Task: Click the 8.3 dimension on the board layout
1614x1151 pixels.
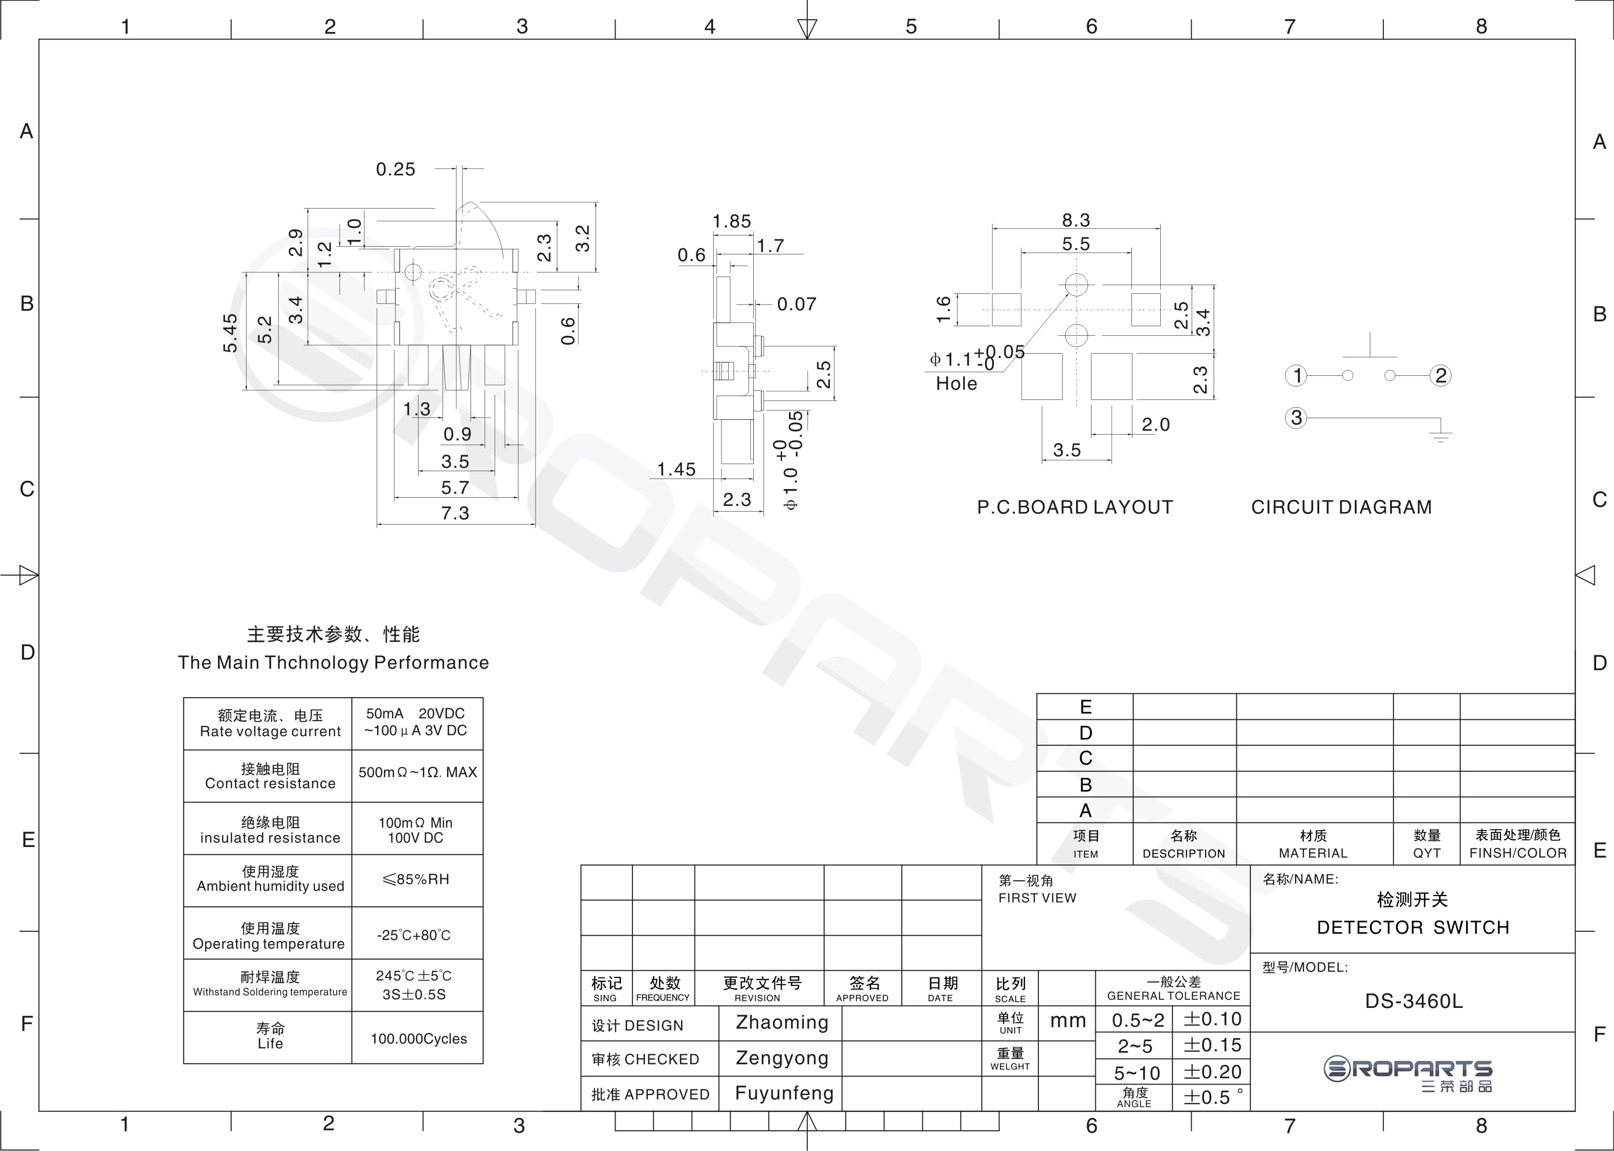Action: pyautogui.click(x=1076, y=220)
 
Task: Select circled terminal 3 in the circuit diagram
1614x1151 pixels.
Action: pyautogui.click(x=1297, y=417)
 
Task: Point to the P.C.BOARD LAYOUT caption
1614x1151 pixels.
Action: pyautogui.click(x=1075, y=507)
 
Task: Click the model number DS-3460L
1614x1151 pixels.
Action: pyautogui.click(x=1414, y=1002)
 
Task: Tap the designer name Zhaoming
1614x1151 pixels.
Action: pyautogui.click(x=782, y=1023)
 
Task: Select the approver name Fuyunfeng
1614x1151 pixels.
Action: pyautogui.click(x=784, y=1094)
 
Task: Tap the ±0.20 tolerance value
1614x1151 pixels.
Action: pyautogui.click(x=1212, y=1072)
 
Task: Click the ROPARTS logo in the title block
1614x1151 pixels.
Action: pyautogui.click(x=1408, y=1074)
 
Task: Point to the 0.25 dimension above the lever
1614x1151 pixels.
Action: pyautogui.click(x=395, y=170)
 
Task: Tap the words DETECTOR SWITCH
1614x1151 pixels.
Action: pyautogui.click(x=1413, y=928)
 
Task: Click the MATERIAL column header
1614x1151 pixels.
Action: pyautogui.click(x=1313, y=853)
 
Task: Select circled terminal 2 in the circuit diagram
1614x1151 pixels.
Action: pyautogui.click(x=1441, y=376)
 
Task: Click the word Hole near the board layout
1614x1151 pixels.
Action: pyautogui.click(x=957, y=384)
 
